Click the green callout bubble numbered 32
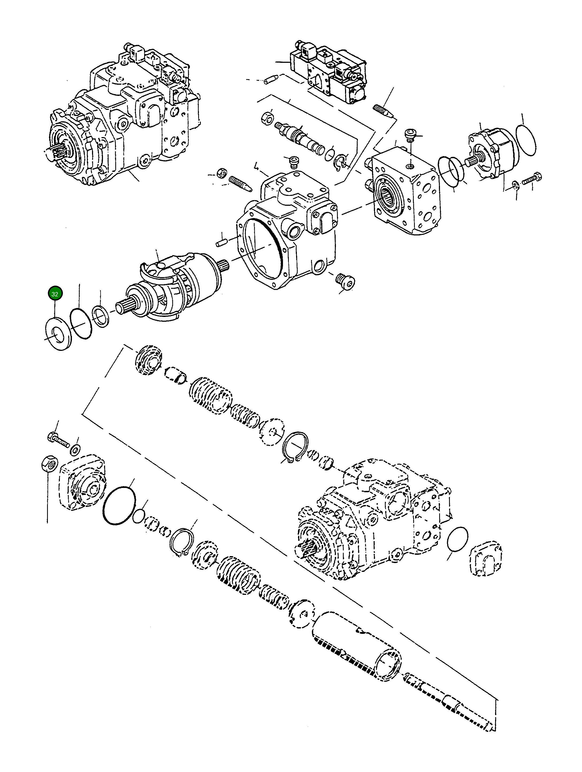55,294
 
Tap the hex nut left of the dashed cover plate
49,464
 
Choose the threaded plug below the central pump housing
345,281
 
